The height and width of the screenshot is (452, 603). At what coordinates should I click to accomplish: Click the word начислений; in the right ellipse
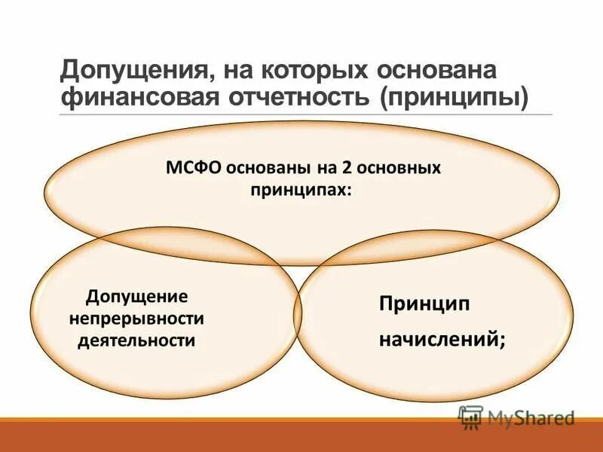click(x=442, y=341)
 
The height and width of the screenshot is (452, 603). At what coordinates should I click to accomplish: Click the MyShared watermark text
click(x=531, y=417)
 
